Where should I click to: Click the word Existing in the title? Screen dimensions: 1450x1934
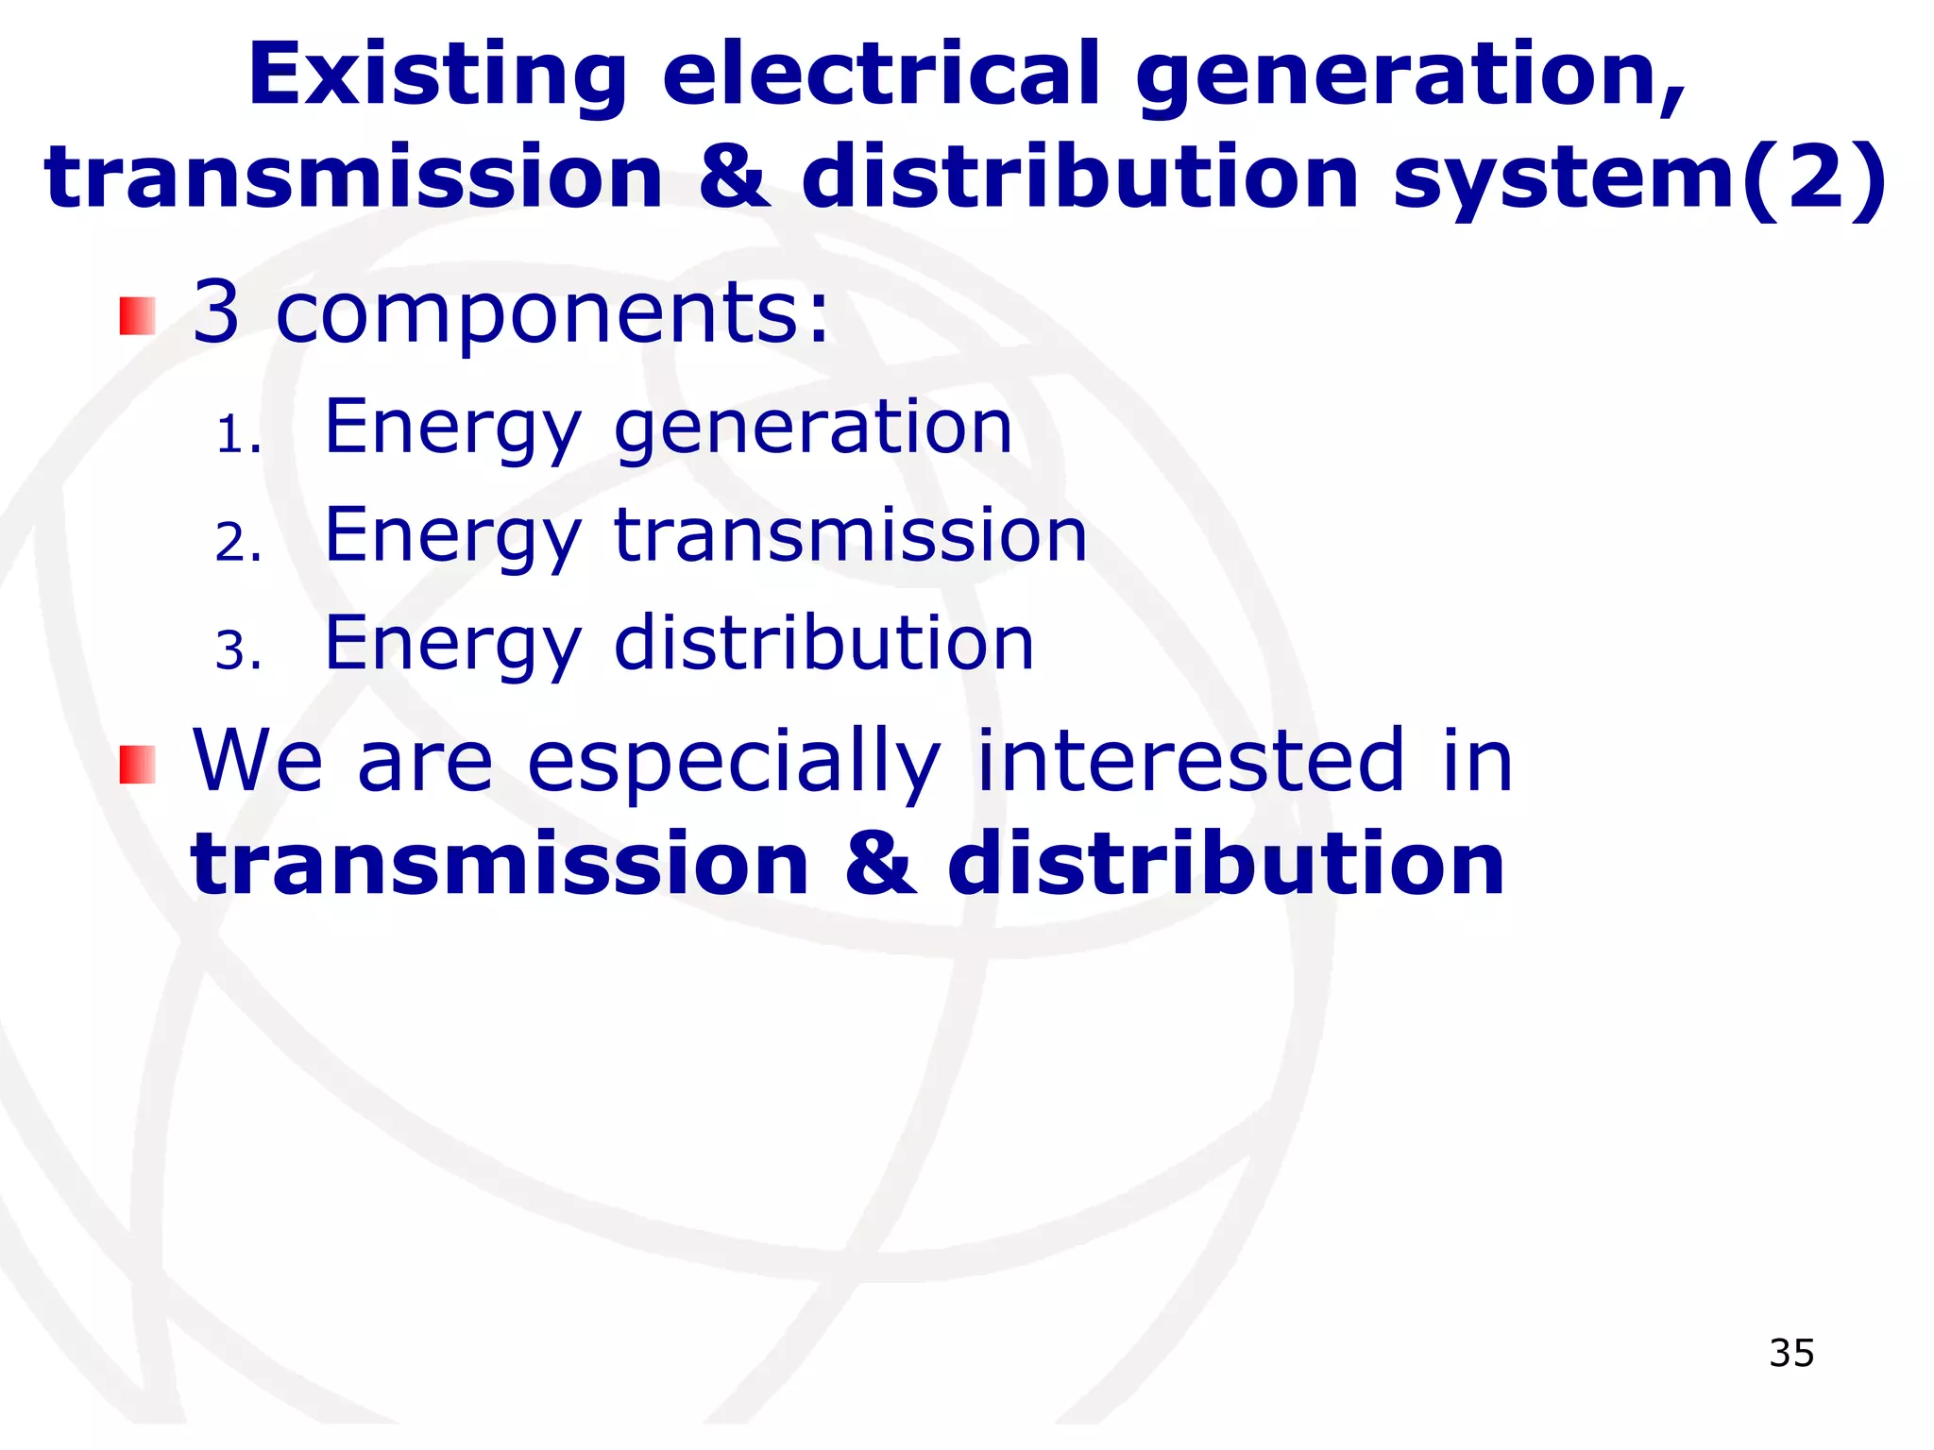[437, 76]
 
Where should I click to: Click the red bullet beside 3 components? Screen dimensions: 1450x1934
[137, 316]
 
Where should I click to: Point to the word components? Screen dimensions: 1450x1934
[551, 313]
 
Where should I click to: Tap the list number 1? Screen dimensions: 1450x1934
[236, 436]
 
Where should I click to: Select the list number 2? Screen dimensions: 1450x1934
[236, 544]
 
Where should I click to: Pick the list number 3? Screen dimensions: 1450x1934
[236, 651]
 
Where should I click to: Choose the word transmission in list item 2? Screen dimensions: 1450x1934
[850, 535]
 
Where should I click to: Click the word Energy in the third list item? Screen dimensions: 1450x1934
[452, 645]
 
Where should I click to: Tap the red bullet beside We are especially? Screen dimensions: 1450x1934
[137, 765]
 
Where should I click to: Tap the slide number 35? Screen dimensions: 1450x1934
[1791, 1353]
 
